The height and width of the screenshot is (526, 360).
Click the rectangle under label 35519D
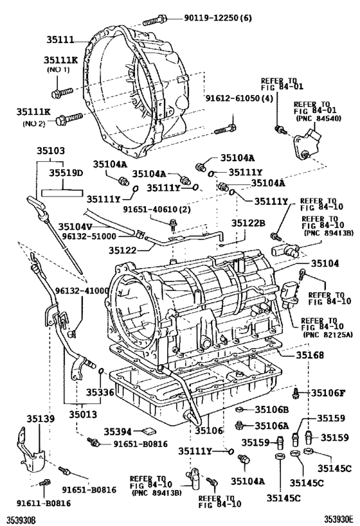click(62, 190)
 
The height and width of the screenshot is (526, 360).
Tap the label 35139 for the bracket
click(37, 419)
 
